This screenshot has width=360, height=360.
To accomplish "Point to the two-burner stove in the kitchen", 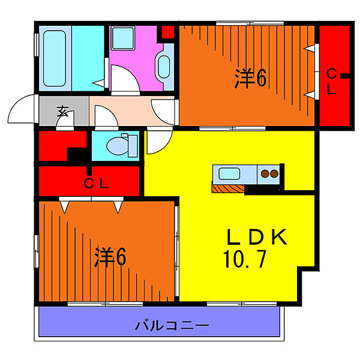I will point(269,175).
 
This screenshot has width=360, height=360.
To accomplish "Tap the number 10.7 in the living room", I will point(245,260).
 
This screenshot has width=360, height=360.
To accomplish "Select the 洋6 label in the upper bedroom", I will point(251,79).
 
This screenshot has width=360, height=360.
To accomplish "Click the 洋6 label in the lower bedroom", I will point(109,257).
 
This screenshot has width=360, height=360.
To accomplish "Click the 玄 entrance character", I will point(62,111).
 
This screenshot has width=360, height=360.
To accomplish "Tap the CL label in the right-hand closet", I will point(331,82).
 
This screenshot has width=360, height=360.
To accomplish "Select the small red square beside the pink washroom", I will point(168,32).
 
